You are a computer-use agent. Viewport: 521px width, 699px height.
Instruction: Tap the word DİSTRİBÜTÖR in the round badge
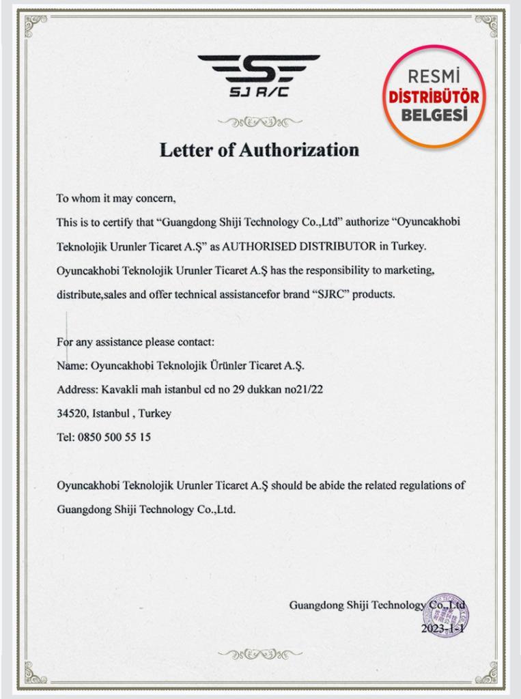tap(434, 97)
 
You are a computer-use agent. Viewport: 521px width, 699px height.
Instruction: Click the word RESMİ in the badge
tap(434, 76)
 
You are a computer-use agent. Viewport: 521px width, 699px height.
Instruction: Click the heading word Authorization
tap(298, 149)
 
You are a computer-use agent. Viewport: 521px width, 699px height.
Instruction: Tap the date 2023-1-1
tap(442, 628)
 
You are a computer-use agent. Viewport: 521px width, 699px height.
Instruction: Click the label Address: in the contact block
tap(77, 389)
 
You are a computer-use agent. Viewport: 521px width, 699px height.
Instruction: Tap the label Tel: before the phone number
tap(66, 437)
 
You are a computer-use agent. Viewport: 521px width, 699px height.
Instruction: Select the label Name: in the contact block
tap(72, 365)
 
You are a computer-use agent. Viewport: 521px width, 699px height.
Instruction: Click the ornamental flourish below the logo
tap(259, 122)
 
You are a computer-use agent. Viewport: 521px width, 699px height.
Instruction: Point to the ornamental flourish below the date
tap(259, 654)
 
